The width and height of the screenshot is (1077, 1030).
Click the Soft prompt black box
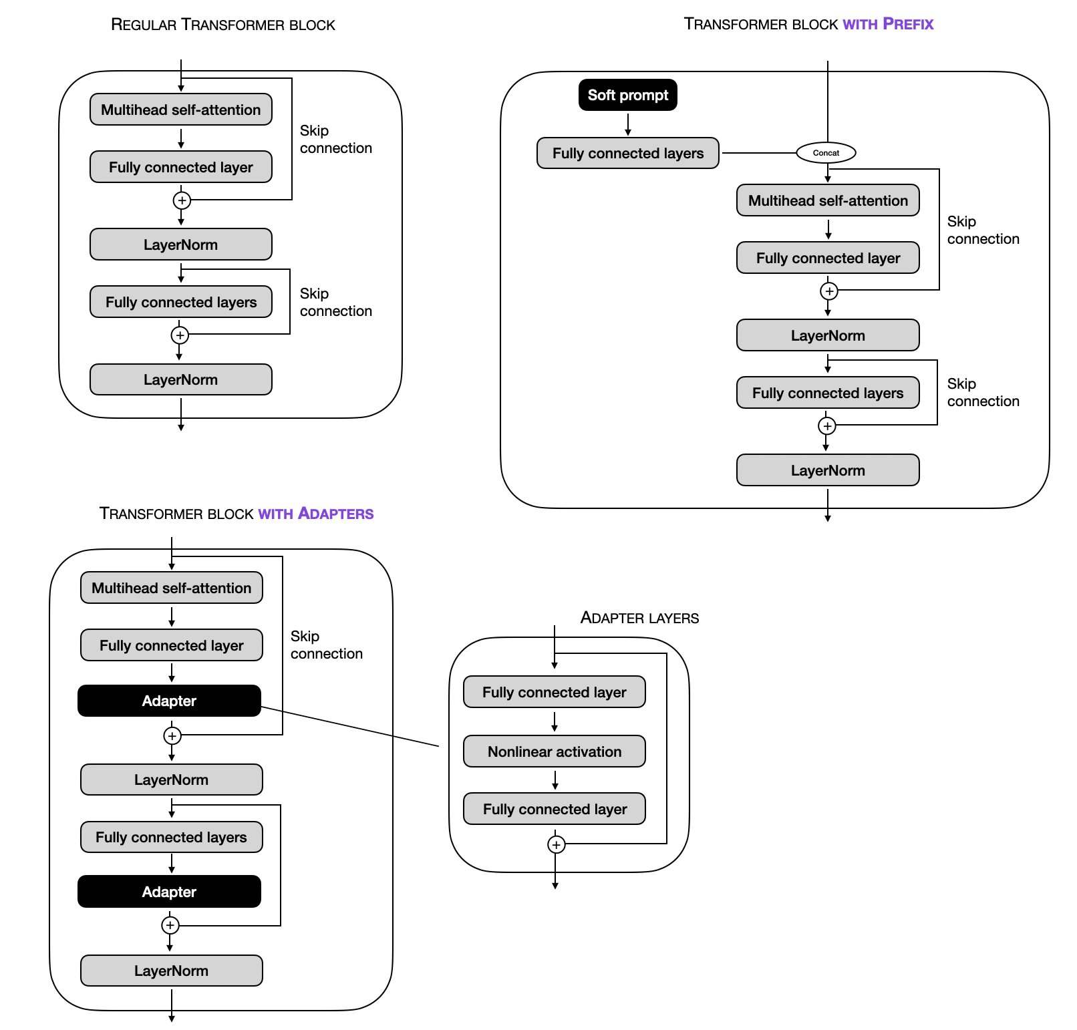pyautogui.click(x=627, y=95)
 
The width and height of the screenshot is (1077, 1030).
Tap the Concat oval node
pyautogui.click(x=826, y=153)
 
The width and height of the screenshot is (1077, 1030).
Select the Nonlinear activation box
pyautogui.click(x=554, y=751)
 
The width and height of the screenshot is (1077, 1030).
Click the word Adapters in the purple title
pyautogui.click(x=335, y=514)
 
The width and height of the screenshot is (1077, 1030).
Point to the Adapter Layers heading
pyautogui.click(x=639, y=618)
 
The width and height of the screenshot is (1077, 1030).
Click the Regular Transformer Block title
pyautogui.click(x=222, y=25)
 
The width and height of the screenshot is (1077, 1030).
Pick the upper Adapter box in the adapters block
pyautogui.click(x=169, y=701)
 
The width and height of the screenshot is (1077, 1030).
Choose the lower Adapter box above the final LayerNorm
pyautogui.click(x=169, y=892)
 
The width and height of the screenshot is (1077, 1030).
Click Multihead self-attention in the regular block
pyautogui.click(x=180, y=110)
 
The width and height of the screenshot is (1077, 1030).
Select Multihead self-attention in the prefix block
pyautogui.click(x=827, y=200)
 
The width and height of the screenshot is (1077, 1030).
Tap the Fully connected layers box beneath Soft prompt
pyautogui.click(x=627, y=153)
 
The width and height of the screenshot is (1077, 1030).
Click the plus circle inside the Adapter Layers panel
pyautogui.click(x=556, y=845)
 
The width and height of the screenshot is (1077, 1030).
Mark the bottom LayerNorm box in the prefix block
pyautogui.click(x=827, y=470)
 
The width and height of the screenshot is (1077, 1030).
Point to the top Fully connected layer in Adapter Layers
pyautogui.click(x=554, y=692)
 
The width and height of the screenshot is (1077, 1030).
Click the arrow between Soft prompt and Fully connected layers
pyautogui.click(x=627, y=125)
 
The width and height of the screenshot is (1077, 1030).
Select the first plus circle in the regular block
pyautogui.click(x=182, y=200)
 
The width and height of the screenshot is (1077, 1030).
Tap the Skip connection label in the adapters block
pyautogui.click(x=326, y=645)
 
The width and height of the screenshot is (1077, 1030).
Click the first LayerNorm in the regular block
pyautogui.click(x=180, y=244)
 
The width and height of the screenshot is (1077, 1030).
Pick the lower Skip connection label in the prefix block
pyautogui.click(x=983, y=392)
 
